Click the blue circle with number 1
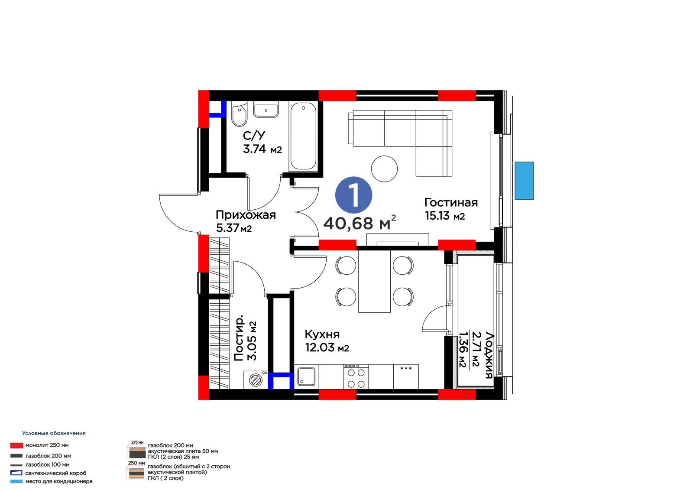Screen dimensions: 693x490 (353, 195)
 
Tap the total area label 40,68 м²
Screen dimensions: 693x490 (359, 223)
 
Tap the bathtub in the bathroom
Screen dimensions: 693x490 (304, 136)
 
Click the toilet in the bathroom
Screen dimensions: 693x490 (240, 114)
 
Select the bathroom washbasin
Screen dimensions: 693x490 (266, 109)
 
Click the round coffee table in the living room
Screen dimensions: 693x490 (384, 169)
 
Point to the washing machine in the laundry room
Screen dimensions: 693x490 (256, 380)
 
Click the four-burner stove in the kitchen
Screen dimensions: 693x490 (356, 377)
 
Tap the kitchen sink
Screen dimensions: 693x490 (306, 377)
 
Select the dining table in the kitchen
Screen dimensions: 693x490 (374, 281)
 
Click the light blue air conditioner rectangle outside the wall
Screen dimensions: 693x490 (524, 181)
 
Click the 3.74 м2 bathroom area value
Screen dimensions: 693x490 (262, 149)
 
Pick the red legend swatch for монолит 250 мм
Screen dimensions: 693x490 (17, 445)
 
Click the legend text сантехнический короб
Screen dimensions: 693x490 (56, 473)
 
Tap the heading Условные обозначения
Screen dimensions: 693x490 (54, 433)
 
